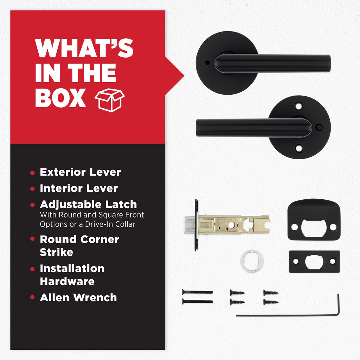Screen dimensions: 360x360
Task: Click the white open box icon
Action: [x=110, y=100]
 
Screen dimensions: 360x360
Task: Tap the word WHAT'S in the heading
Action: [x=84, y=48]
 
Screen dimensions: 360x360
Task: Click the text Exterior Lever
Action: [x=81, y=172]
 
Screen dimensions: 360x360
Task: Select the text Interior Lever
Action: [x=79, y=188]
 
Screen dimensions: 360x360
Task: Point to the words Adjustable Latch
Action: [x=88, y=204]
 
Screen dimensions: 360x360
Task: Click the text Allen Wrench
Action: [x=78, y=297]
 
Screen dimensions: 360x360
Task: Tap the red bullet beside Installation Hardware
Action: [x=32, y=269]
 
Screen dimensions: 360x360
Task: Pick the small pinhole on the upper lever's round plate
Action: [x=207, y=63]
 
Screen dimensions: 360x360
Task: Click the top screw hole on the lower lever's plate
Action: [x=299, y=106]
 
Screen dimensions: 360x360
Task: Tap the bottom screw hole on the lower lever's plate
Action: [x=299, y=148]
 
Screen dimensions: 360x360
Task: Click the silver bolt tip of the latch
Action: [x=189, y=225]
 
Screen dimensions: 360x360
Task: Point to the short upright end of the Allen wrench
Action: [x=338, y=303]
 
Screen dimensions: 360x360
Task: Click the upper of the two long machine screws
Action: [x=198, y=292]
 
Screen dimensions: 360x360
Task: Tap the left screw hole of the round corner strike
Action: [x=294, y=227]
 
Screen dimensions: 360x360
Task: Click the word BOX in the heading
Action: [x=60, y=98]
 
